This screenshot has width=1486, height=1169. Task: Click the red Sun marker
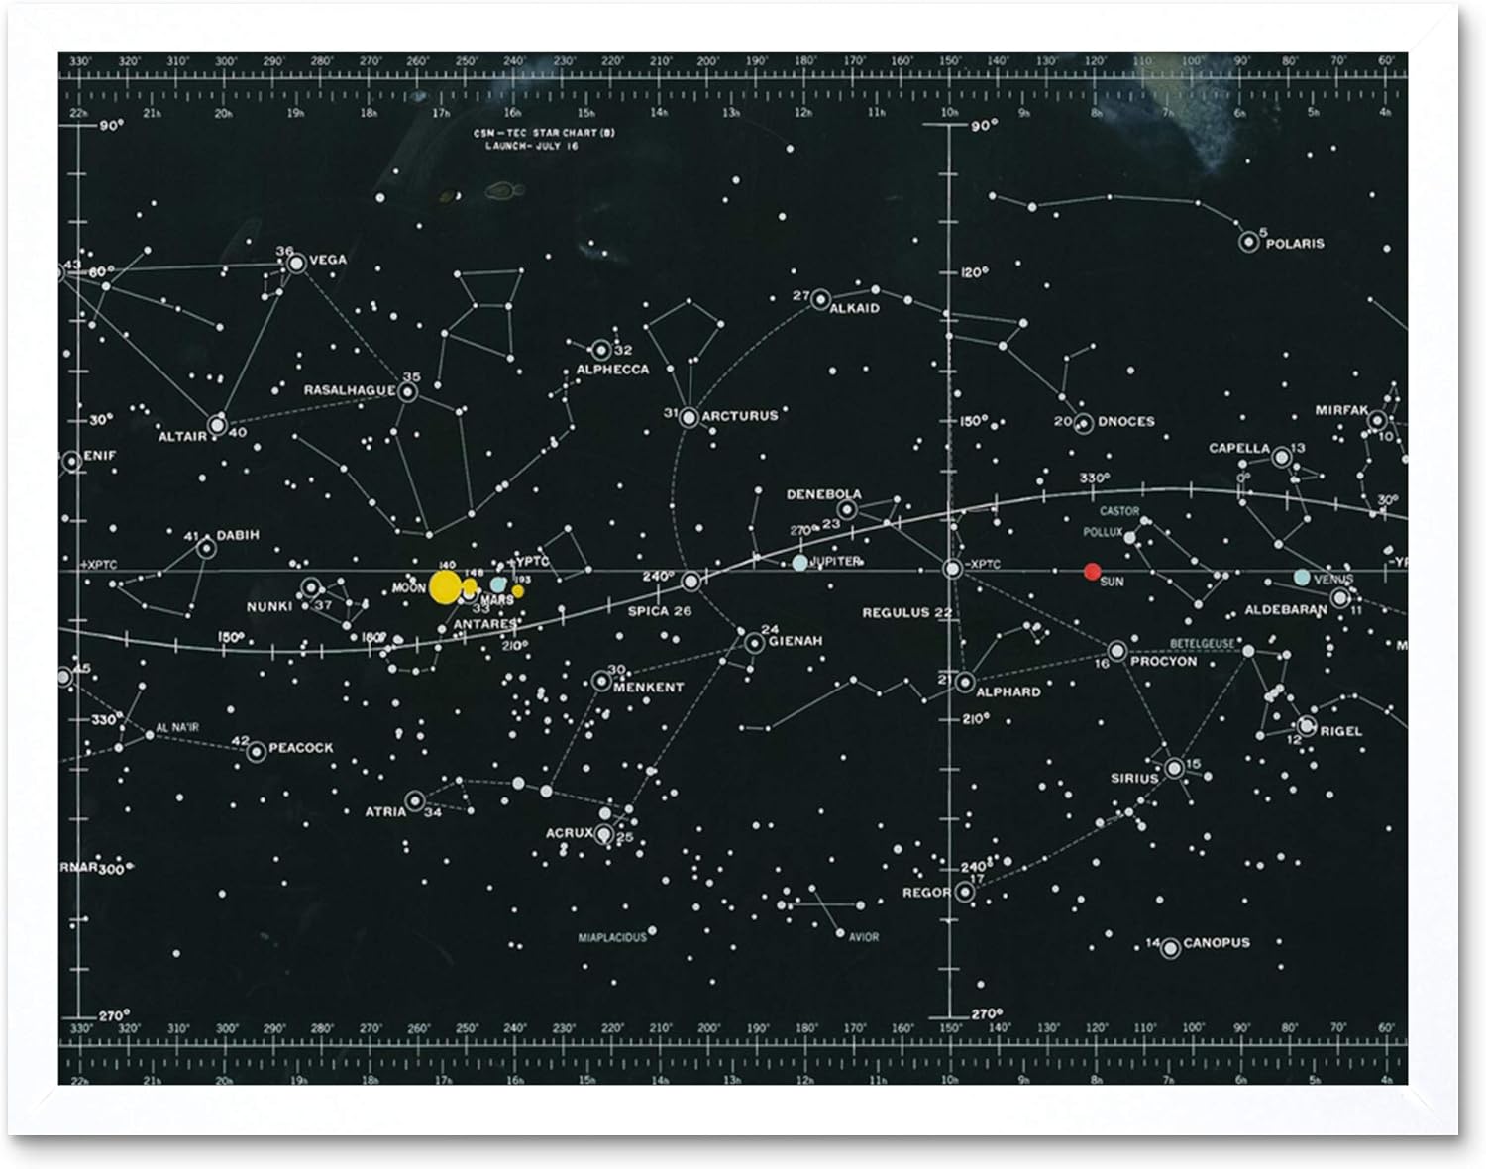[1092, 571]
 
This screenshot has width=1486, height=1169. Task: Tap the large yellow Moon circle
[445, 585]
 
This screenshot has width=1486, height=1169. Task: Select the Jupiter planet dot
[799, 562]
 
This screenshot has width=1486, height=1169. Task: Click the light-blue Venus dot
[1301, 577]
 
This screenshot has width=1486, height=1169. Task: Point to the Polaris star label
[1295, 243]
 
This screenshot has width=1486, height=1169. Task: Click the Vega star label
[328, 260]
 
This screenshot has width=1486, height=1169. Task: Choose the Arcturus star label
[740, 416]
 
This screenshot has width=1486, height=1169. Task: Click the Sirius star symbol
[1174, 768]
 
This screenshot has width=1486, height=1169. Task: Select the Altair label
[182, 436]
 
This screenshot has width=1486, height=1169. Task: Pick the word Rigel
[1341, 731]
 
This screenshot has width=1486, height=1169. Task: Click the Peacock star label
[301, 748]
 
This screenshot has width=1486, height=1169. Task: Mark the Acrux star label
[569, 833]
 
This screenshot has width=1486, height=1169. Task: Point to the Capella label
[1238, 448]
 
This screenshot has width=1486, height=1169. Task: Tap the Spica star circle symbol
[691, 581]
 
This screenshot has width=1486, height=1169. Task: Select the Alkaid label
[854, 308]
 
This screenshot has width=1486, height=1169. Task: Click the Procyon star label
[1163, 661]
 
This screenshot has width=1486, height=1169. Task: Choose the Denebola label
[823, 494]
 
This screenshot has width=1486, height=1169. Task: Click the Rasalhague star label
[349, 390]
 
